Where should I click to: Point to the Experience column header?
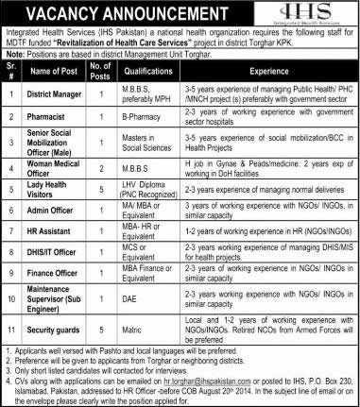coord(275,97)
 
